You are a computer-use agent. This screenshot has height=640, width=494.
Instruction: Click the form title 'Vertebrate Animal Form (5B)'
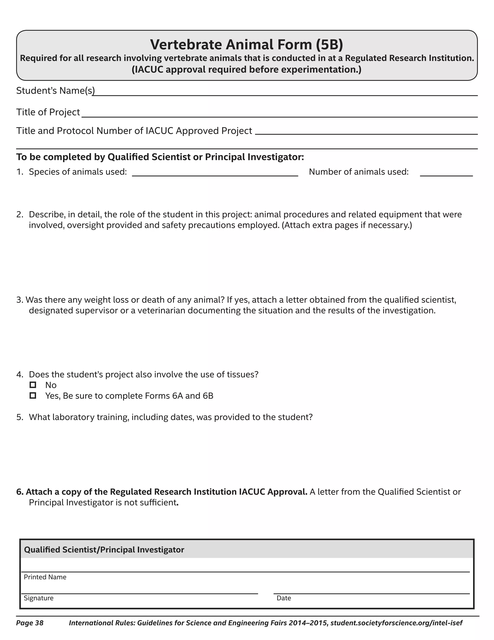247,44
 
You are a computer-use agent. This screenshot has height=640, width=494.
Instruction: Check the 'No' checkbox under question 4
33,385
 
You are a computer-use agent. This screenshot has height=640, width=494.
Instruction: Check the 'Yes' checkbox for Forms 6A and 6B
33,396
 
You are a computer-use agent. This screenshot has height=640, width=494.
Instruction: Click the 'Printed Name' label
45,577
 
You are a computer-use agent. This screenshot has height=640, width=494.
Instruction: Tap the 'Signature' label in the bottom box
39,598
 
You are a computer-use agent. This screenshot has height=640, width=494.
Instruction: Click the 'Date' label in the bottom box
284,598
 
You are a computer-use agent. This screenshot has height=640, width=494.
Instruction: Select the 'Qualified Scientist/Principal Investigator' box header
104,550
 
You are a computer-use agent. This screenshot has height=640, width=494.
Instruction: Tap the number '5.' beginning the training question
20,417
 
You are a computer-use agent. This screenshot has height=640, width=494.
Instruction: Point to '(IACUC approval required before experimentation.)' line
247,70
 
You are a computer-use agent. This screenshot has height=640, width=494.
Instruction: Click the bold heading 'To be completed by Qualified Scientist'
160,157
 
